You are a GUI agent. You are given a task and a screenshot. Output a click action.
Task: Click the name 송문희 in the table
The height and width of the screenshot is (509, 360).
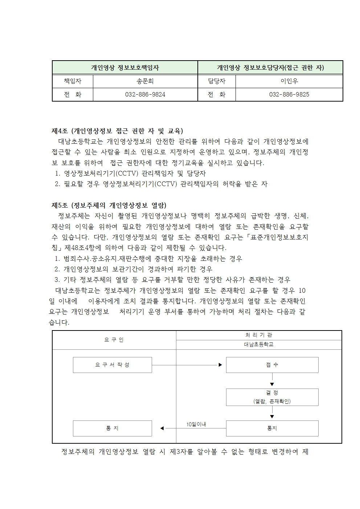(145, 81)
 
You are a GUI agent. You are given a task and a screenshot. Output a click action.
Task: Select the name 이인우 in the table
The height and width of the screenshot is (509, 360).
(289, 81)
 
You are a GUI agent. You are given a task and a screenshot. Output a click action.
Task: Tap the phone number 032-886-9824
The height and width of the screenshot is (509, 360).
(145, 94)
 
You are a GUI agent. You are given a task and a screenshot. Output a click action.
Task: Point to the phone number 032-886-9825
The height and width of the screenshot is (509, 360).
(289, 94)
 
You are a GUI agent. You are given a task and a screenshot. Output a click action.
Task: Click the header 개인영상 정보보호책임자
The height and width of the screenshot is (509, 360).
(125, 67)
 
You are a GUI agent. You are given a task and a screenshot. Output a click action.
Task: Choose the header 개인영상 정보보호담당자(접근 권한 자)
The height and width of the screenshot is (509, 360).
(270, 67)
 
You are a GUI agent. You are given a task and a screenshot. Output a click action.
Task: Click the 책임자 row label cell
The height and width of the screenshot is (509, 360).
(73, 81)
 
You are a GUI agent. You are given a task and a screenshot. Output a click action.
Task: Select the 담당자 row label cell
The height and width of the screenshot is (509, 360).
(217, 81)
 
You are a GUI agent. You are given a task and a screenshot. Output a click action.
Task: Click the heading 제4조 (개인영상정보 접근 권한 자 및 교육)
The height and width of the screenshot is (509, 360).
(117, 131)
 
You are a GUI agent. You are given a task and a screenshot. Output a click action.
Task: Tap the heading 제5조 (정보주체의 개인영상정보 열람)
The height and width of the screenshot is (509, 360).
(109, 205)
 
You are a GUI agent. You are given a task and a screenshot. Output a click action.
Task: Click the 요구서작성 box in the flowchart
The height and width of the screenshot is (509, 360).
(112, 365)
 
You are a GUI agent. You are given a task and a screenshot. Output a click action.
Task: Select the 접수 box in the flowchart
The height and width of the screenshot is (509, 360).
(272, 365)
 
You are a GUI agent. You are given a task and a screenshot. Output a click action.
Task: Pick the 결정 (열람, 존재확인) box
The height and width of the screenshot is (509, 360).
(272, 397)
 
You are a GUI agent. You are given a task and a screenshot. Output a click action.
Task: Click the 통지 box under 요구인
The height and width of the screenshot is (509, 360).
(112, 428)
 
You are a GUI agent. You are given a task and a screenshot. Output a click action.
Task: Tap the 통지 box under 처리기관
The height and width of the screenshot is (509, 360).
(272, 428)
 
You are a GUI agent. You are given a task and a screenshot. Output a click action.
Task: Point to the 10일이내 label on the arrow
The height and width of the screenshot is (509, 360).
(196, 424)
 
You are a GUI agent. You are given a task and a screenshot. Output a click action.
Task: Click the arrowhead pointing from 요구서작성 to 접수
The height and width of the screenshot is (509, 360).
(220, 365)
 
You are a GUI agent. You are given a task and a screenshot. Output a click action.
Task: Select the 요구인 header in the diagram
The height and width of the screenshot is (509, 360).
(114, 340)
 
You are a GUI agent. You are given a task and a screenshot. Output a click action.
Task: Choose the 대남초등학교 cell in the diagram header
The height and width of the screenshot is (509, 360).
(259, 345)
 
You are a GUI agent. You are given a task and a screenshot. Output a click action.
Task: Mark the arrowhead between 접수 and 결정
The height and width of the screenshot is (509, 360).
(272, 384)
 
